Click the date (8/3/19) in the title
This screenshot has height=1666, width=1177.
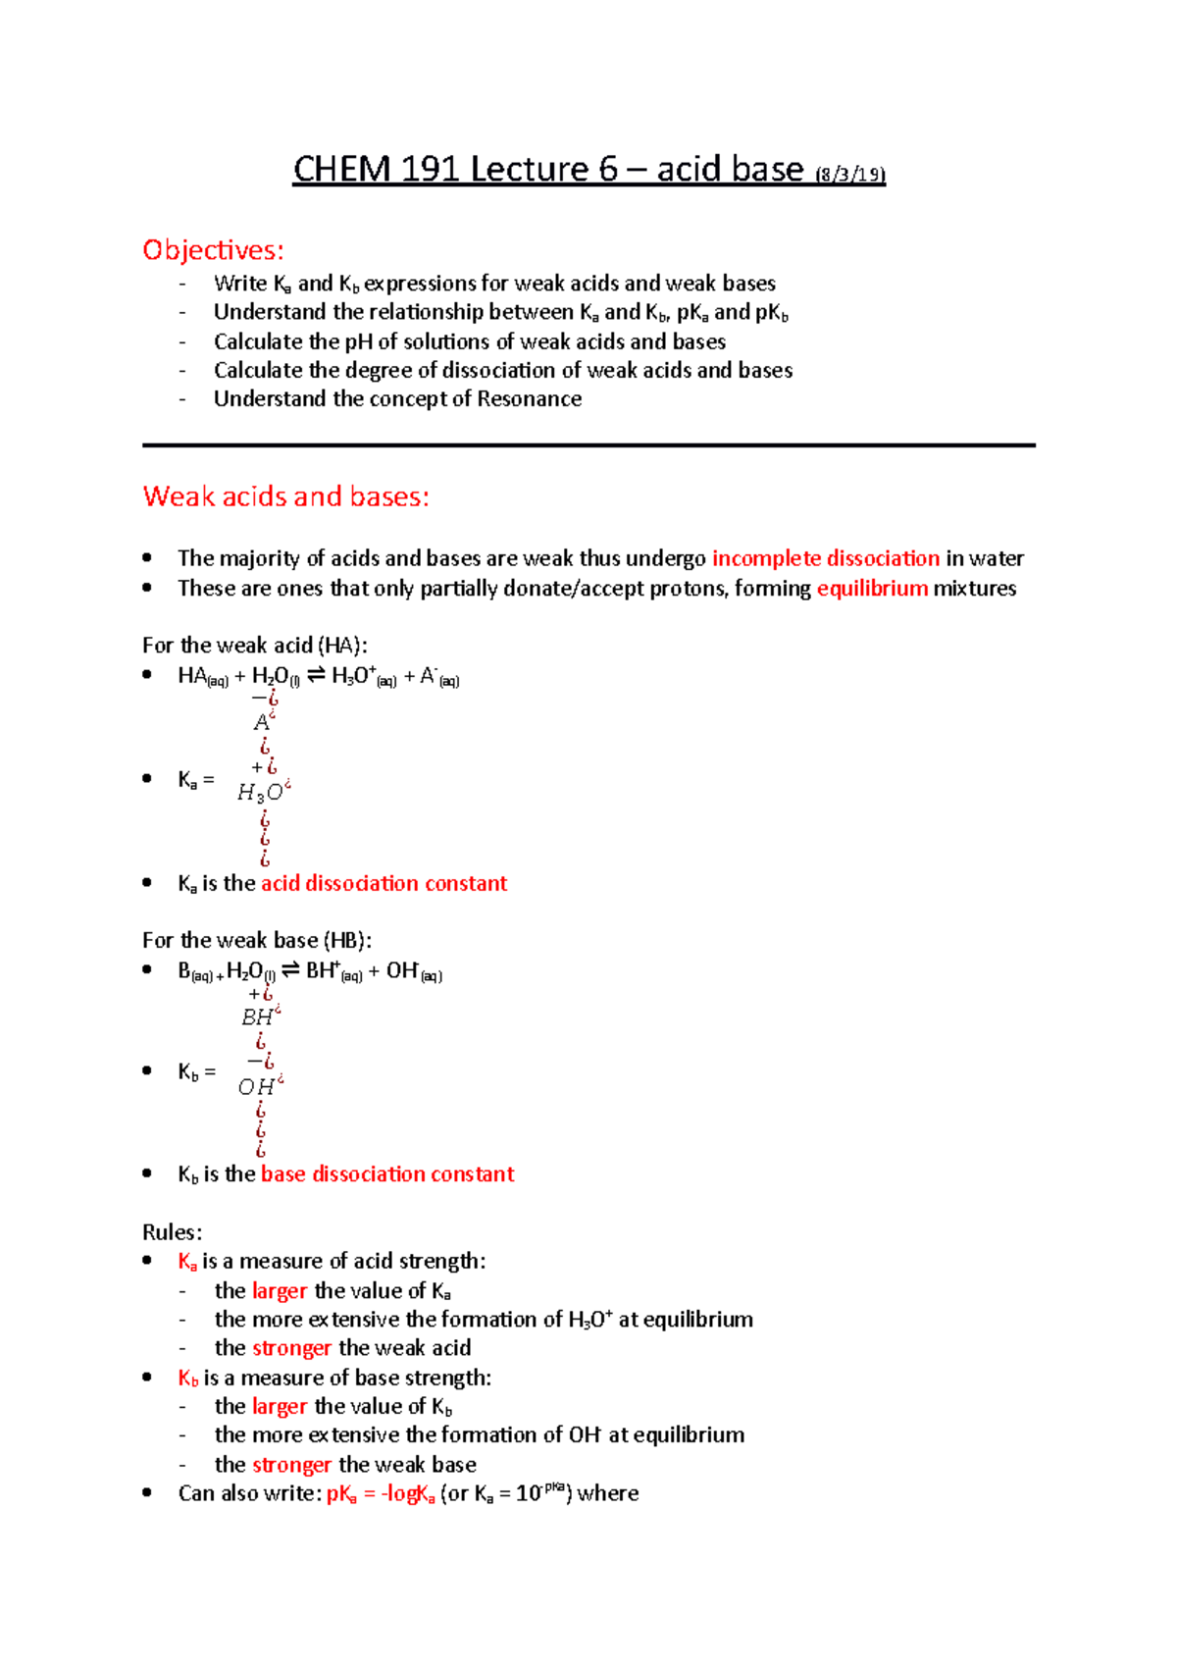850,176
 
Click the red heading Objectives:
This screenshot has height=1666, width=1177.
213,250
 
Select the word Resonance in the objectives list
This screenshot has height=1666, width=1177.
529,399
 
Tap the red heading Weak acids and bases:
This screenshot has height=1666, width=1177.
285,496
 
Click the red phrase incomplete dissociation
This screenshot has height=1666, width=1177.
825,558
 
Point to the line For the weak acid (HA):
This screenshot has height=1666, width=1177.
254,646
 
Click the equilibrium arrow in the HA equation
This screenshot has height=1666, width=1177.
316,676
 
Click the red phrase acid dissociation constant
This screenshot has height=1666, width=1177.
384,883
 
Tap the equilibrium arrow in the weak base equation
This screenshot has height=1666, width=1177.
290,971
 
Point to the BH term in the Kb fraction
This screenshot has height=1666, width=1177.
260,1017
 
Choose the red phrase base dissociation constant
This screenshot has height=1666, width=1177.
386,1174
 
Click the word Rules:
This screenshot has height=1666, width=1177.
172,1232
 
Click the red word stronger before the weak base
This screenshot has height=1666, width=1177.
291,1465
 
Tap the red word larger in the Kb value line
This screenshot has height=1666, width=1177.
280,1407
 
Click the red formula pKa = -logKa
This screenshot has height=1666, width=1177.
380,1494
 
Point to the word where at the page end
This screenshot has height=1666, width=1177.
608,1494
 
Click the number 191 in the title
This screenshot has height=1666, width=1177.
430,170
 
